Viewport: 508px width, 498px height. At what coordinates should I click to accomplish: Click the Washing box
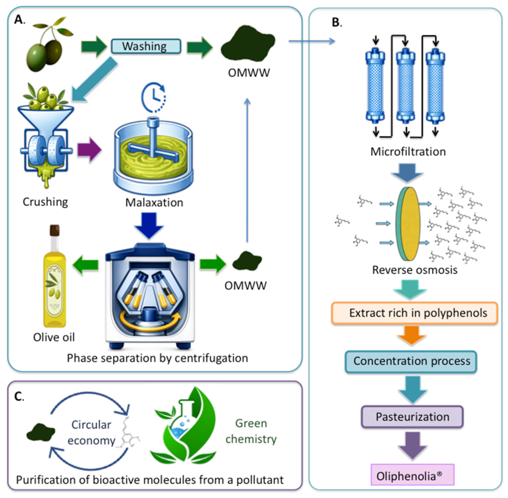(x=146, y=46)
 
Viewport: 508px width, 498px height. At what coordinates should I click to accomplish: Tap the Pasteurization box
(x=412, y=417)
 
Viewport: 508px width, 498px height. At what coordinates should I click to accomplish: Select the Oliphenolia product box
(x=412, y=475)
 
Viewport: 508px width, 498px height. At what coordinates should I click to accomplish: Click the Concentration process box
(x=411, y=362)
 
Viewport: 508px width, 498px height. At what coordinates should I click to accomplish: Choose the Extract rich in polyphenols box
(x=414, y=313)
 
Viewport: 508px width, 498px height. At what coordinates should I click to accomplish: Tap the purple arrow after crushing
(x=89, y=149)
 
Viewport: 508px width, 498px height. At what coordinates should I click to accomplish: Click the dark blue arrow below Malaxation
(x=149, y=226)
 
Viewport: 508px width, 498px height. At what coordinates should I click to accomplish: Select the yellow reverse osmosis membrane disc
(x=408, y=224)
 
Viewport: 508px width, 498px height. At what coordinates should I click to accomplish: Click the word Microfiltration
(x=408, y=152)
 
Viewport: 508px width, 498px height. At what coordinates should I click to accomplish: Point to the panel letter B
(x=337, y=22)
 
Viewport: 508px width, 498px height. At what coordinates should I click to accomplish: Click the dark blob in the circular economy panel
(x=41, y=432)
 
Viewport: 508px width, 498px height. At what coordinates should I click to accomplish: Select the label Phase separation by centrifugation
(x=158, y=358)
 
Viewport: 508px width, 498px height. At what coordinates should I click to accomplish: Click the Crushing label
(x=45, y=202)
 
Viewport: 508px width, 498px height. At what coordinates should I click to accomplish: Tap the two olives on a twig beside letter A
(x=50, y=44)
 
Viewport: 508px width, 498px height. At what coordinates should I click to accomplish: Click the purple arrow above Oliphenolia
(x=412, y=445)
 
